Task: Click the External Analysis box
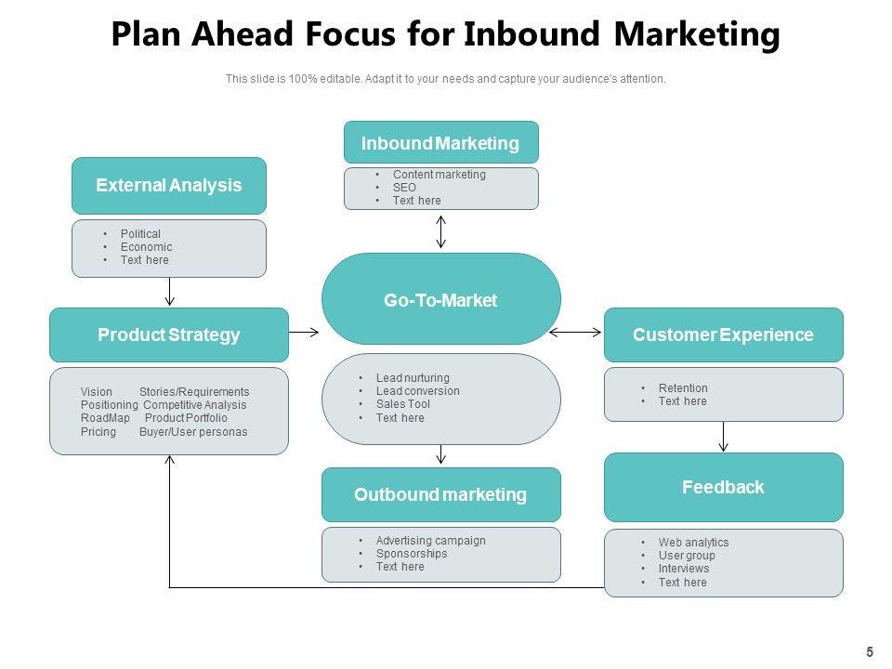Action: (x=169, y=186)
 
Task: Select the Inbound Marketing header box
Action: (x=440, y=143)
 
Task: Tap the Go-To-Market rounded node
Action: (x=440, y=300)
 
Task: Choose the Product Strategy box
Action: (x=169, y=334)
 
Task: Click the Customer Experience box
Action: (x=723, y=334)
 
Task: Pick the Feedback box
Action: (x=723, y=487)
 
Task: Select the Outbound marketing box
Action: (x=440, y=494)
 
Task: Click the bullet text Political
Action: (x=140, y=234)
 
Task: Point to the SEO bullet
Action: (x=404, y=188)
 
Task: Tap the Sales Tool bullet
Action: (x=402, y=404)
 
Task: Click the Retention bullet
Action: (x=683, y=388)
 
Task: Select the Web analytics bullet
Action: (x=693, y=543)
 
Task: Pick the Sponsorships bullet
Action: (x=412, y=554)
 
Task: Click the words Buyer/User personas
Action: (x=193, y=432)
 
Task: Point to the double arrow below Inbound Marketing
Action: (x=441, y=231)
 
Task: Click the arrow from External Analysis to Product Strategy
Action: (x=169, y=292)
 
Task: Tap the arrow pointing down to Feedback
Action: (x=724, y=436)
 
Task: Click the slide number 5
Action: (x=870, y=652)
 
